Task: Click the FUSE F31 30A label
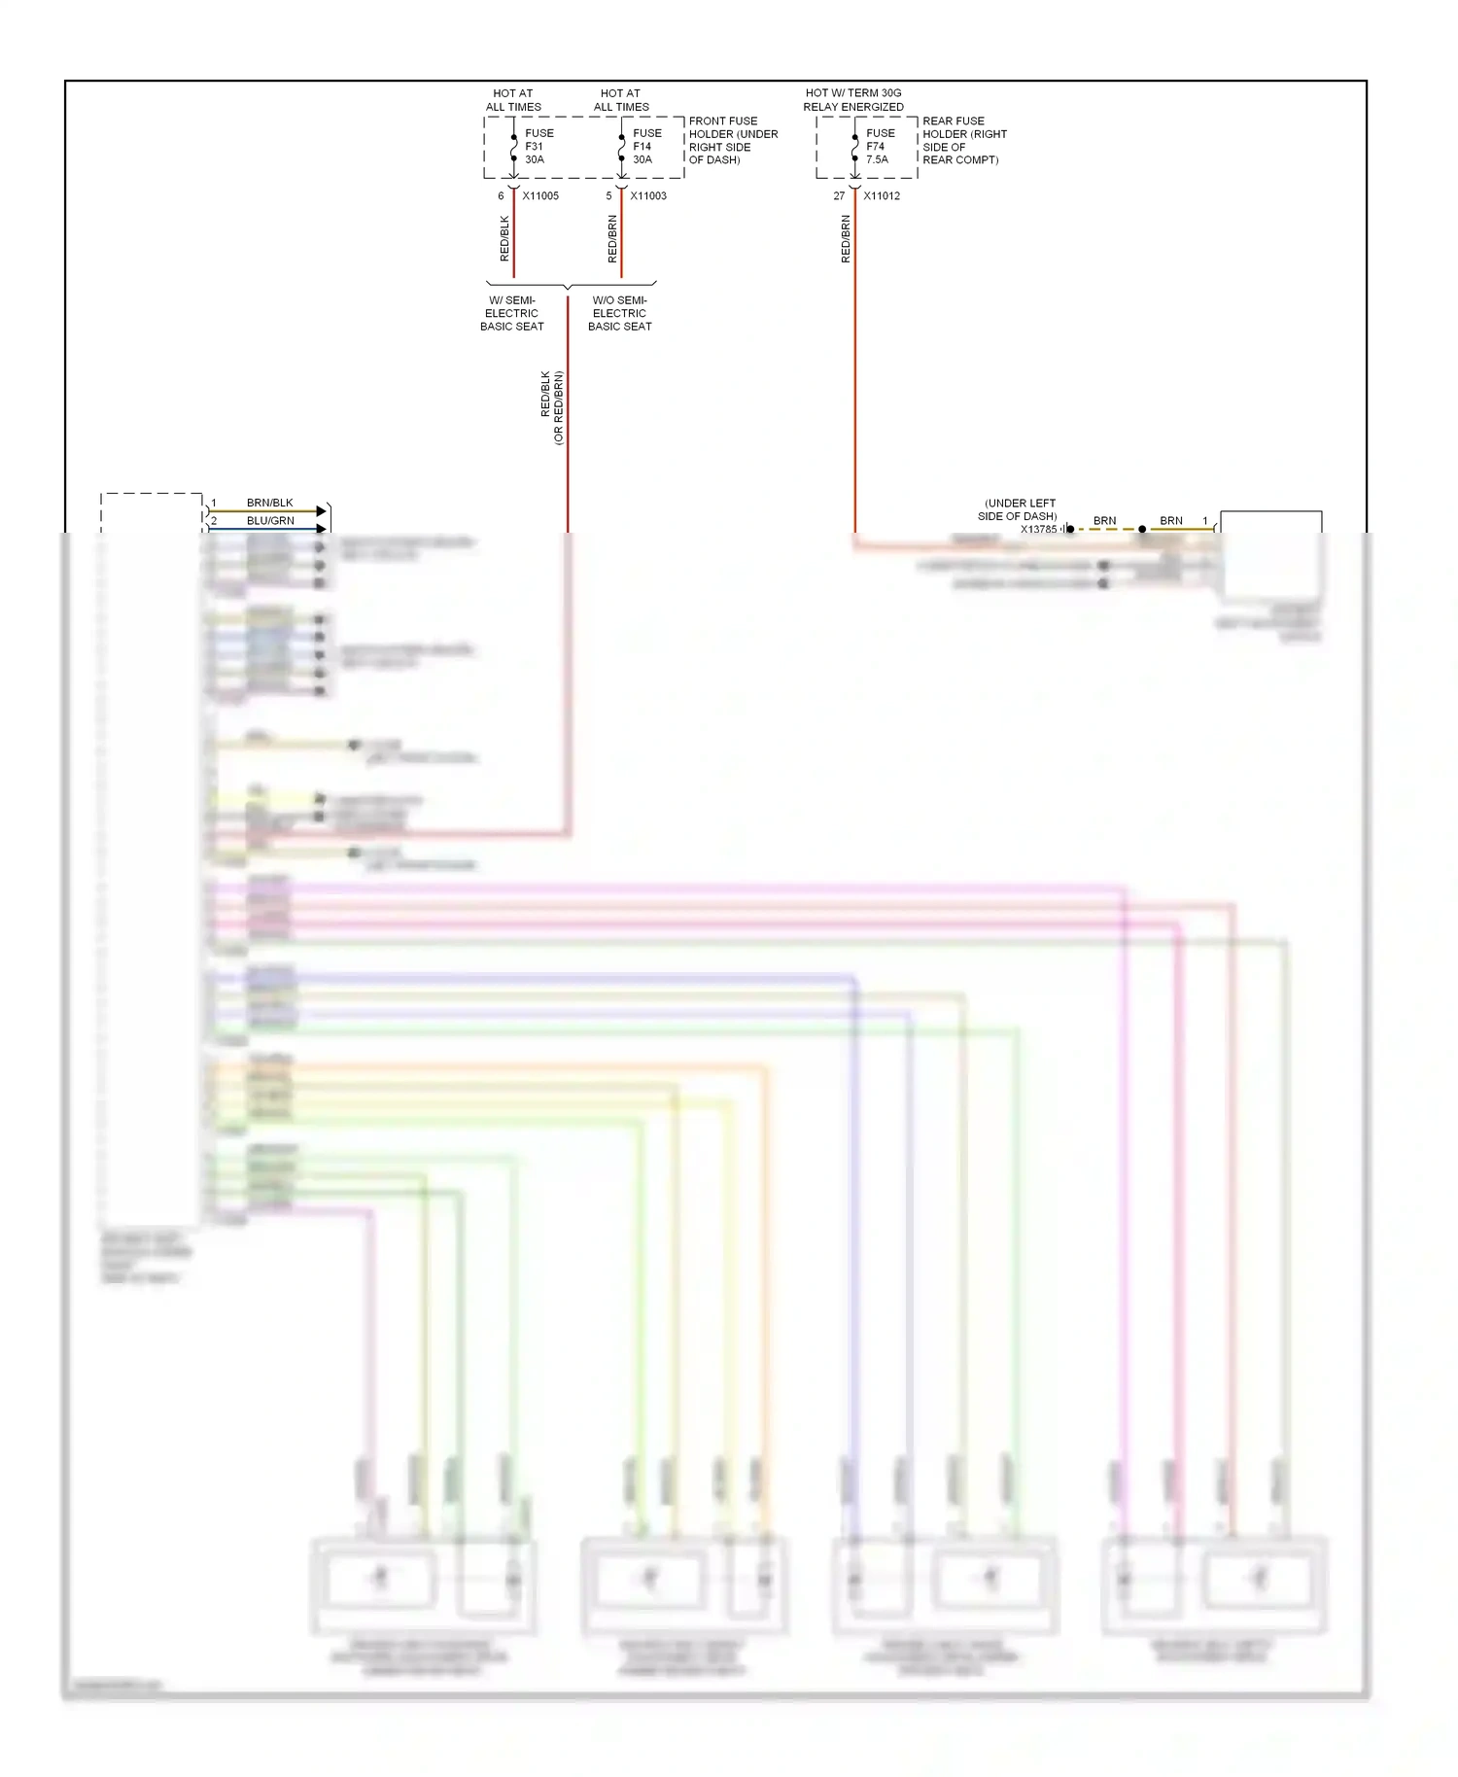(x=538, y=147)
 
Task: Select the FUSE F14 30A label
(x=646, y=147)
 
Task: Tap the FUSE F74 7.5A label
(x=880, y=147)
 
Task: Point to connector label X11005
(x=540, y=196)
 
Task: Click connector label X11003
(x=648, y=196)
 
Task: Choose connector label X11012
(x=882, y=196)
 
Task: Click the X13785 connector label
(x=1038, y=530)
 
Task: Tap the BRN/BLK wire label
(x=269, y=504)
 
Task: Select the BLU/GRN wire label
(x=270, y=521)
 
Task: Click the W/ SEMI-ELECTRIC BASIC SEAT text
(x=511, y=313)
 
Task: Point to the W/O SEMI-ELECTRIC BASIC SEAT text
(x=619, y=313)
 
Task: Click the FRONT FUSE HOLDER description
(x=733, y=141)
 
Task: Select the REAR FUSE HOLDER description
(x=963, y=141)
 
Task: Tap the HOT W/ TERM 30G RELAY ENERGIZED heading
(x=853, y=100)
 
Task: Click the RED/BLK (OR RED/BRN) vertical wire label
(x=551, y=407)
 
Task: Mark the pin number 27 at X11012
(x=839, y=196)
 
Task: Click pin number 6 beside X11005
(x=502, y=196)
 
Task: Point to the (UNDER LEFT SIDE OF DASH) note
(x=1018, y=510)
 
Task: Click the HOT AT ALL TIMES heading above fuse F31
(x=513, y=100)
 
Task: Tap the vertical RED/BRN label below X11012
(x=846, y=239)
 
